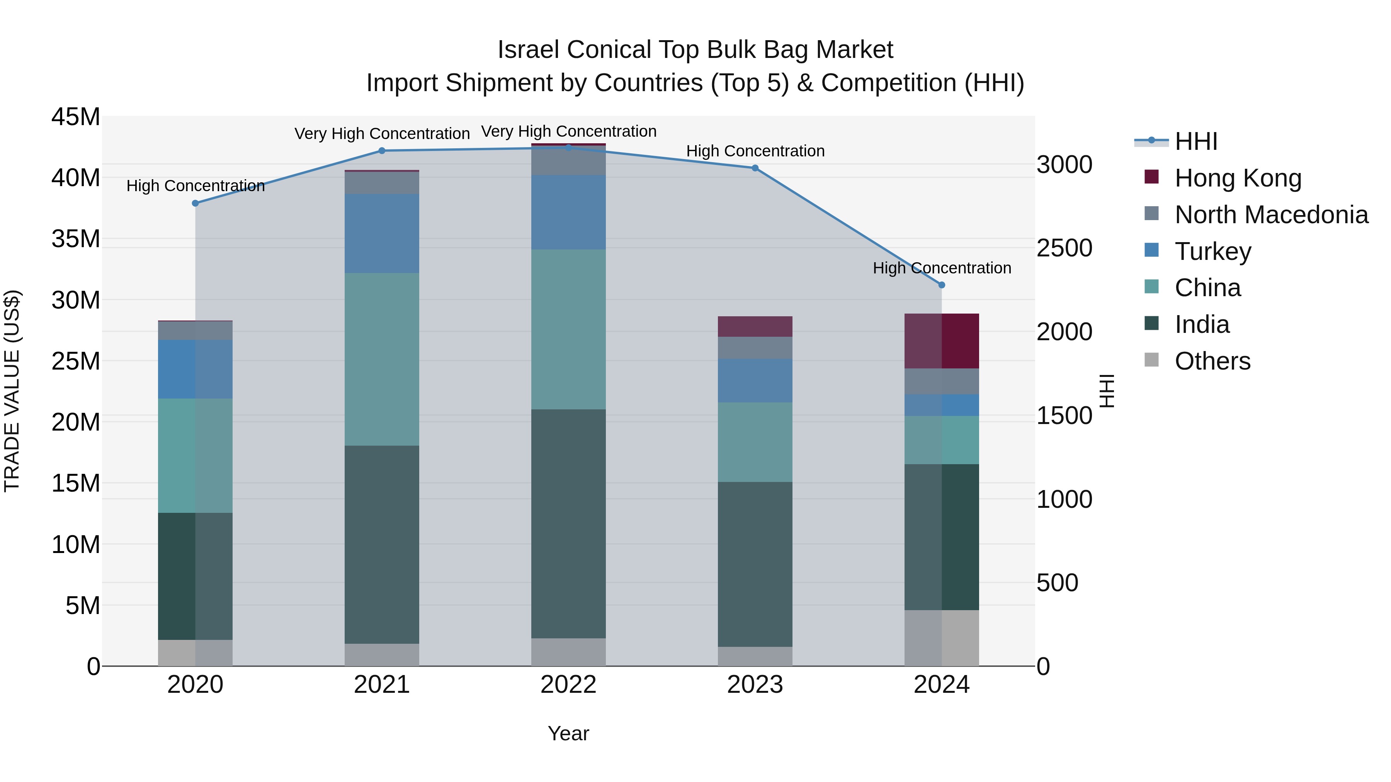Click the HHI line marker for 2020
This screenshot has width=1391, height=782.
196,204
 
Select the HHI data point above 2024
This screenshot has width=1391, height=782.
942,285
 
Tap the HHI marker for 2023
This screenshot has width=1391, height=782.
755,168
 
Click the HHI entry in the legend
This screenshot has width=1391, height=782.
1195,141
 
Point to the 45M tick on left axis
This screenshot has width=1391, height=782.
76,117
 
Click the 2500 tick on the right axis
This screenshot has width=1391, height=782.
1064,248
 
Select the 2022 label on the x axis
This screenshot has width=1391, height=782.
568,685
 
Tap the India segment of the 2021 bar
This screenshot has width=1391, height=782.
382,544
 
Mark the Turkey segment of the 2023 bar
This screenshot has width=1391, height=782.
755,380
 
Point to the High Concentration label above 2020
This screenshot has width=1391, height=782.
196,186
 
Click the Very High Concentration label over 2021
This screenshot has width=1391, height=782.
382,134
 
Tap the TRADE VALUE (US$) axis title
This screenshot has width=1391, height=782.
12,391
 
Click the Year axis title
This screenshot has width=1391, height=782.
568,733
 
